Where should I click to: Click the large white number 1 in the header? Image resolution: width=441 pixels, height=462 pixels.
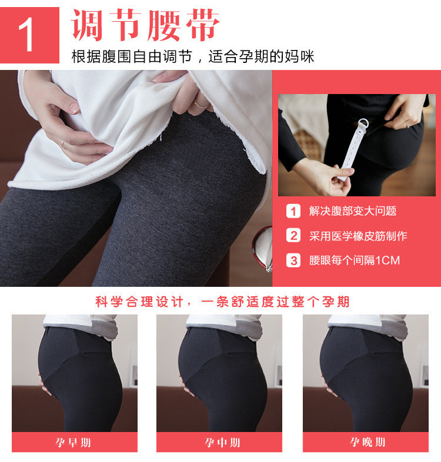click(x=27, y=35)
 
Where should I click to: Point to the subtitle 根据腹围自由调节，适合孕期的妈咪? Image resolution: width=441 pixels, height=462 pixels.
click(x=193, y=57)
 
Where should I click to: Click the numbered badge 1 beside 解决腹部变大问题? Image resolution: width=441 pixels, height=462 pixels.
click(x=293, y=211)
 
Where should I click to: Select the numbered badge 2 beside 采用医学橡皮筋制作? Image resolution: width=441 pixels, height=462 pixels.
click(x=293, y=236)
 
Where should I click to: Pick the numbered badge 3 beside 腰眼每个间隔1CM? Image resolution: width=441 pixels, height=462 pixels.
click(x=293, y=260)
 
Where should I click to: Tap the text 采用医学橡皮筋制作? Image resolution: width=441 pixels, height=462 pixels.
click(x=358, y=236)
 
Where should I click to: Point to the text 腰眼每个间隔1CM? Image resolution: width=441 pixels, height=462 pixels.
click(x=355, y=260)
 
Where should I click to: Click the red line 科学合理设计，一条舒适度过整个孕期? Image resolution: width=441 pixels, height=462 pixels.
click(x=222, y=302)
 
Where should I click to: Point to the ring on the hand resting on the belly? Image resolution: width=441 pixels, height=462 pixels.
click(x=64, y=143)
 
